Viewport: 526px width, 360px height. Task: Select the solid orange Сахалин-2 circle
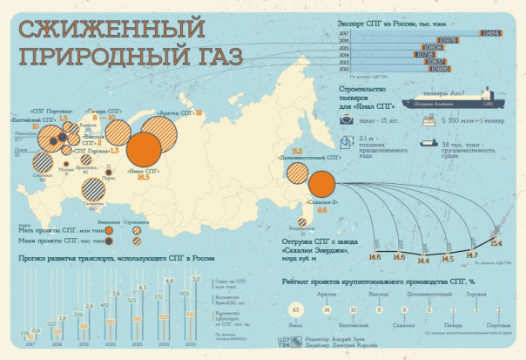coord(321,183)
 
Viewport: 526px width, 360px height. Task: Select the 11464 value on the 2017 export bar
coord(489,32)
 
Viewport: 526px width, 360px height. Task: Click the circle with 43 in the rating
coord(296,310)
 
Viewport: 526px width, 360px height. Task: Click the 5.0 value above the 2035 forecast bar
coord(196,279)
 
